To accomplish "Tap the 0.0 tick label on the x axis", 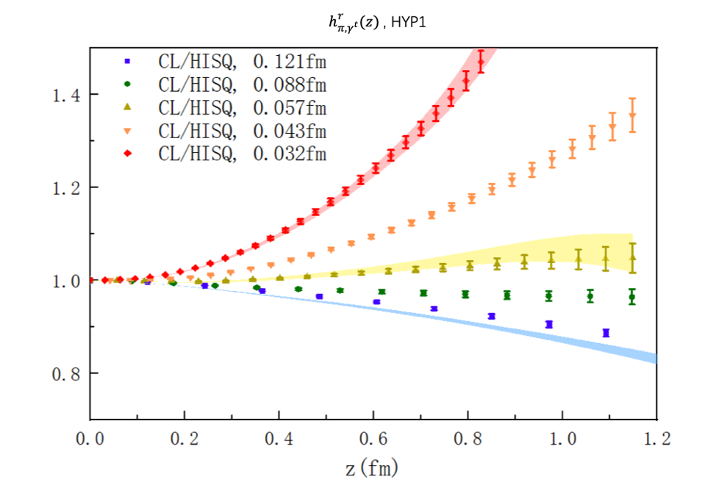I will [90, 439].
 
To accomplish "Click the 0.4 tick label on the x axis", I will [279, 439].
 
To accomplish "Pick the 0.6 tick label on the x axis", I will [373, 439].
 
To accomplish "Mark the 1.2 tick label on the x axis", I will [656, 439].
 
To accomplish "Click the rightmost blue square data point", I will [606, 333].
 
